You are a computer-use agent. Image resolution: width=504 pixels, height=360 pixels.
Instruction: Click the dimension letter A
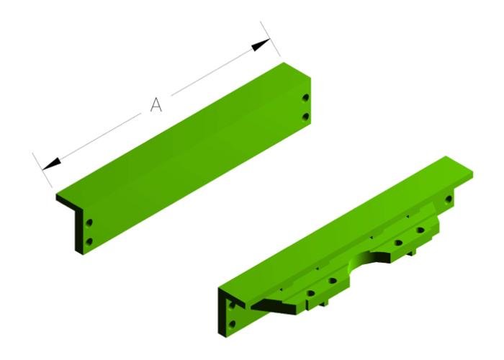[156, 105]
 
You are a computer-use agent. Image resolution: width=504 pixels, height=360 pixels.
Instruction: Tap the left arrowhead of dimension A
[51, 164]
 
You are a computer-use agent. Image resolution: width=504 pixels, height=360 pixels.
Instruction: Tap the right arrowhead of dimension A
[260, 45]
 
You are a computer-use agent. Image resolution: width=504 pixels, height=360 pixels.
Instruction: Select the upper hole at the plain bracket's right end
[306, 97]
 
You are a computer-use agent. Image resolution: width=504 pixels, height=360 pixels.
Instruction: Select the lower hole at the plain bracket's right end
[306, 115]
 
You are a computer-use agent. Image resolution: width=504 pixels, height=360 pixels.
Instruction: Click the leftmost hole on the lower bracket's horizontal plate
[310, 293]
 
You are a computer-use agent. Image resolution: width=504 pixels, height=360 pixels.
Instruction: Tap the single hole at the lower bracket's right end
[449, 199]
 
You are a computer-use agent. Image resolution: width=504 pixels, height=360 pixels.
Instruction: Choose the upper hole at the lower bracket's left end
[232, 307]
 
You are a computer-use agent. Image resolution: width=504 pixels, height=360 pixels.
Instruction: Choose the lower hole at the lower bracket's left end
[232, 325]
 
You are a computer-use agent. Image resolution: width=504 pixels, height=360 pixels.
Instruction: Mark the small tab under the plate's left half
[315, 305]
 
